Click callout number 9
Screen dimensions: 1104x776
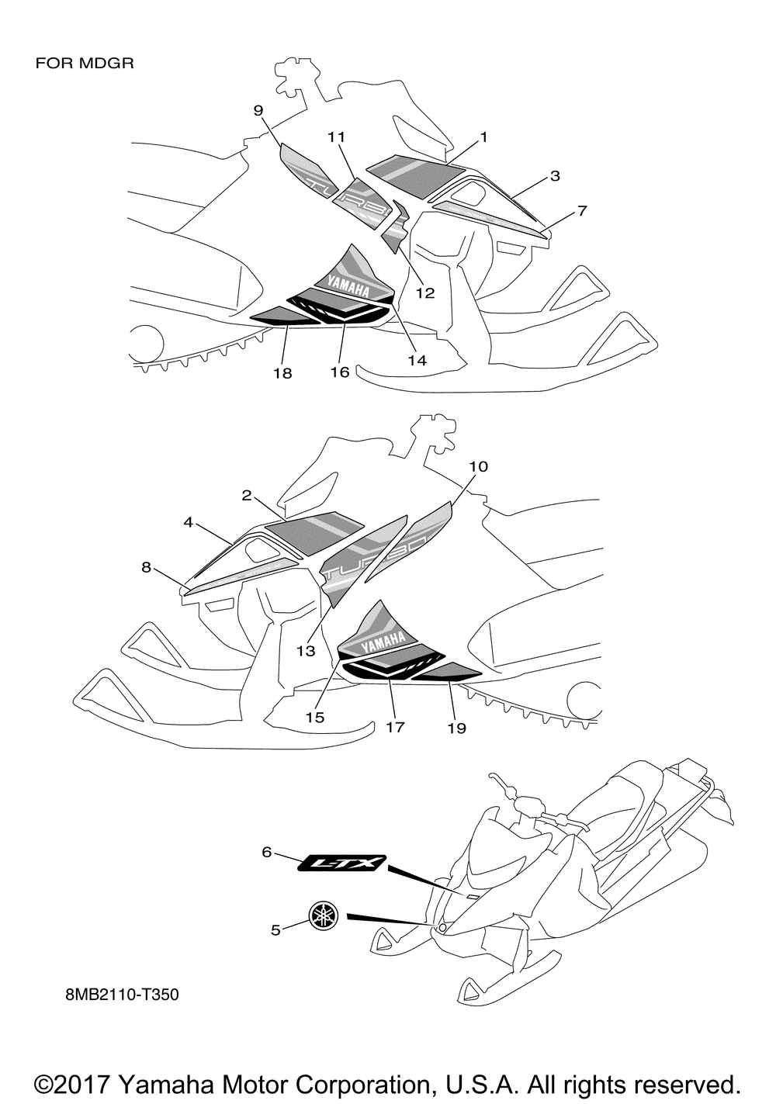coord(258,110)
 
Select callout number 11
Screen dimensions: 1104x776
coord(336,137)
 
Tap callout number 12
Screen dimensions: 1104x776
coord(425,293)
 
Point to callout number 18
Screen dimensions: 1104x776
coord(282,373)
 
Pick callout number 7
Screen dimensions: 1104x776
coord(582,210)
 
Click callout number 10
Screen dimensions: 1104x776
coord(479,466)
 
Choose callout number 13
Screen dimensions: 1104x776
coord(307,651)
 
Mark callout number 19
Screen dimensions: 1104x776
coord(456,728)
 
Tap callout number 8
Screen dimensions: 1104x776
coord(146,567)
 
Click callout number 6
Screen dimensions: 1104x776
coord(266,852)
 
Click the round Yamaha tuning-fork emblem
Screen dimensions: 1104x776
coord(324,915)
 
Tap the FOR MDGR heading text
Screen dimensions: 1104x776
coord(85,63)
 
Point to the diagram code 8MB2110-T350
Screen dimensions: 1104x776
coord(122,995)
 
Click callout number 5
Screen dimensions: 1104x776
coord(275,929)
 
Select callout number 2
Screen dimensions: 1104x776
coord(246,495)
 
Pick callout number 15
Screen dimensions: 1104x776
coord(315,718)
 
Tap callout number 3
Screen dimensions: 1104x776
coord(555,176)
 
